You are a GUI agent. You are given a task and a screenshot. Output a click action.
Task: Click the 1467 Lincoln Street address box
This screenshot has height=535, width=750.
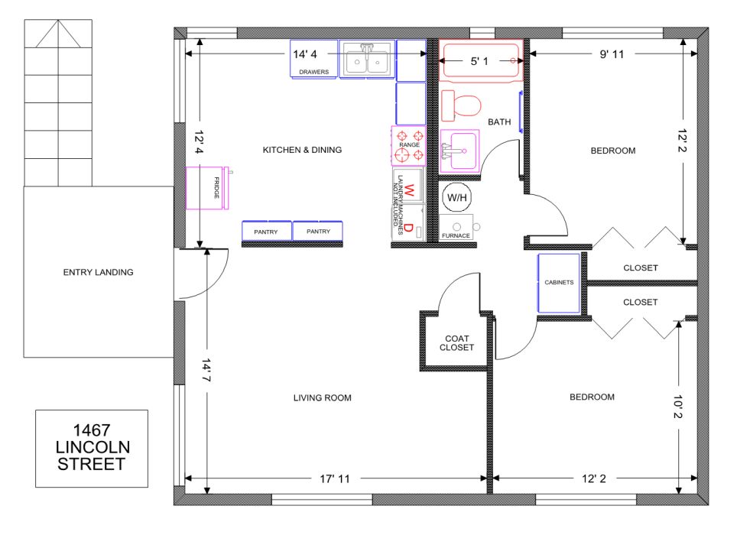(92, 449)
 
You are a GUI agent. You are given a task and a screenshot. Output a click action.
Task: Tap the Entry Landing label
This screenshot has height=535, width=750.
(98, 272)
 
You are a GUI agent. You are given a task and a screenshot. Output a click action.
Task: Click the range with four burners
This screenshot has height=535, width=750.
(407, 145)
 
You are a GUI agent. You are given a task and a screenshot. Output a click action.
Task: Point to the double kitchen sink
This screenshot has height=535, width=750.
(367, 60)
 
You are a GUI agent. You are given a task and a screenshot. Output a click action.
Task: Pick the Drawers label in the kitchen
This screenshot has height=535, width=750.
(313, 73)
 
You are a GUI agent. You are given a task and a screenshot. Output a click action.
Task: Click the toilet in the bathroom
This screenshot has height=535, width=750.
(460, 104)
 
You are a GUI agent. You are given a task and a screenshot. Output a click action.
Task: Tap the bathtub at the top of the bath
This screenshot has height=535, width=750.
(480, 60)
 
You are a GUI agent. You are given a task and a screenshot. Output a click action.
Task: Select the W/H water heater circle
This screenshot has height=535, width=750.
(457, 197)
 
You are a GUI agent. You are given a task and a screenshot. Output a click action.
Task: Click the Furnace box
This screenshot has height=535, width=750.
(457, 230)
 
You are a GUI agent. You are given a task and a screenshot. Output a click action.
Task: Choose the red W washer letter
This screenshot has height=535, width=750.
(409, 190)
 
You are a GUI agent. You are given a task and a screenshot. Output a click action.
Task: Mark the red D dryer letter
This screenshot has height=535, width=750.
(409, 228)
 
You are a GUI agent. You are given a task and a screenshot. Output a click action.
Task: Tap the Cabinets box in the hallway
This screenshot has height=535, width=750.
(559, 283)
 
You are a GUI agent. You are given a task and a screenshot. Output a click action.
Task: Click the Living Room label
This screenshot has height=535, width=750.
(322, 397)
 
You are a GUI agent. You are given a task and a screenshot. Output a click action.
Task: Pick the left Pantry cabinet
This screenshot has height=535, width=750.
(266, 232)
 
